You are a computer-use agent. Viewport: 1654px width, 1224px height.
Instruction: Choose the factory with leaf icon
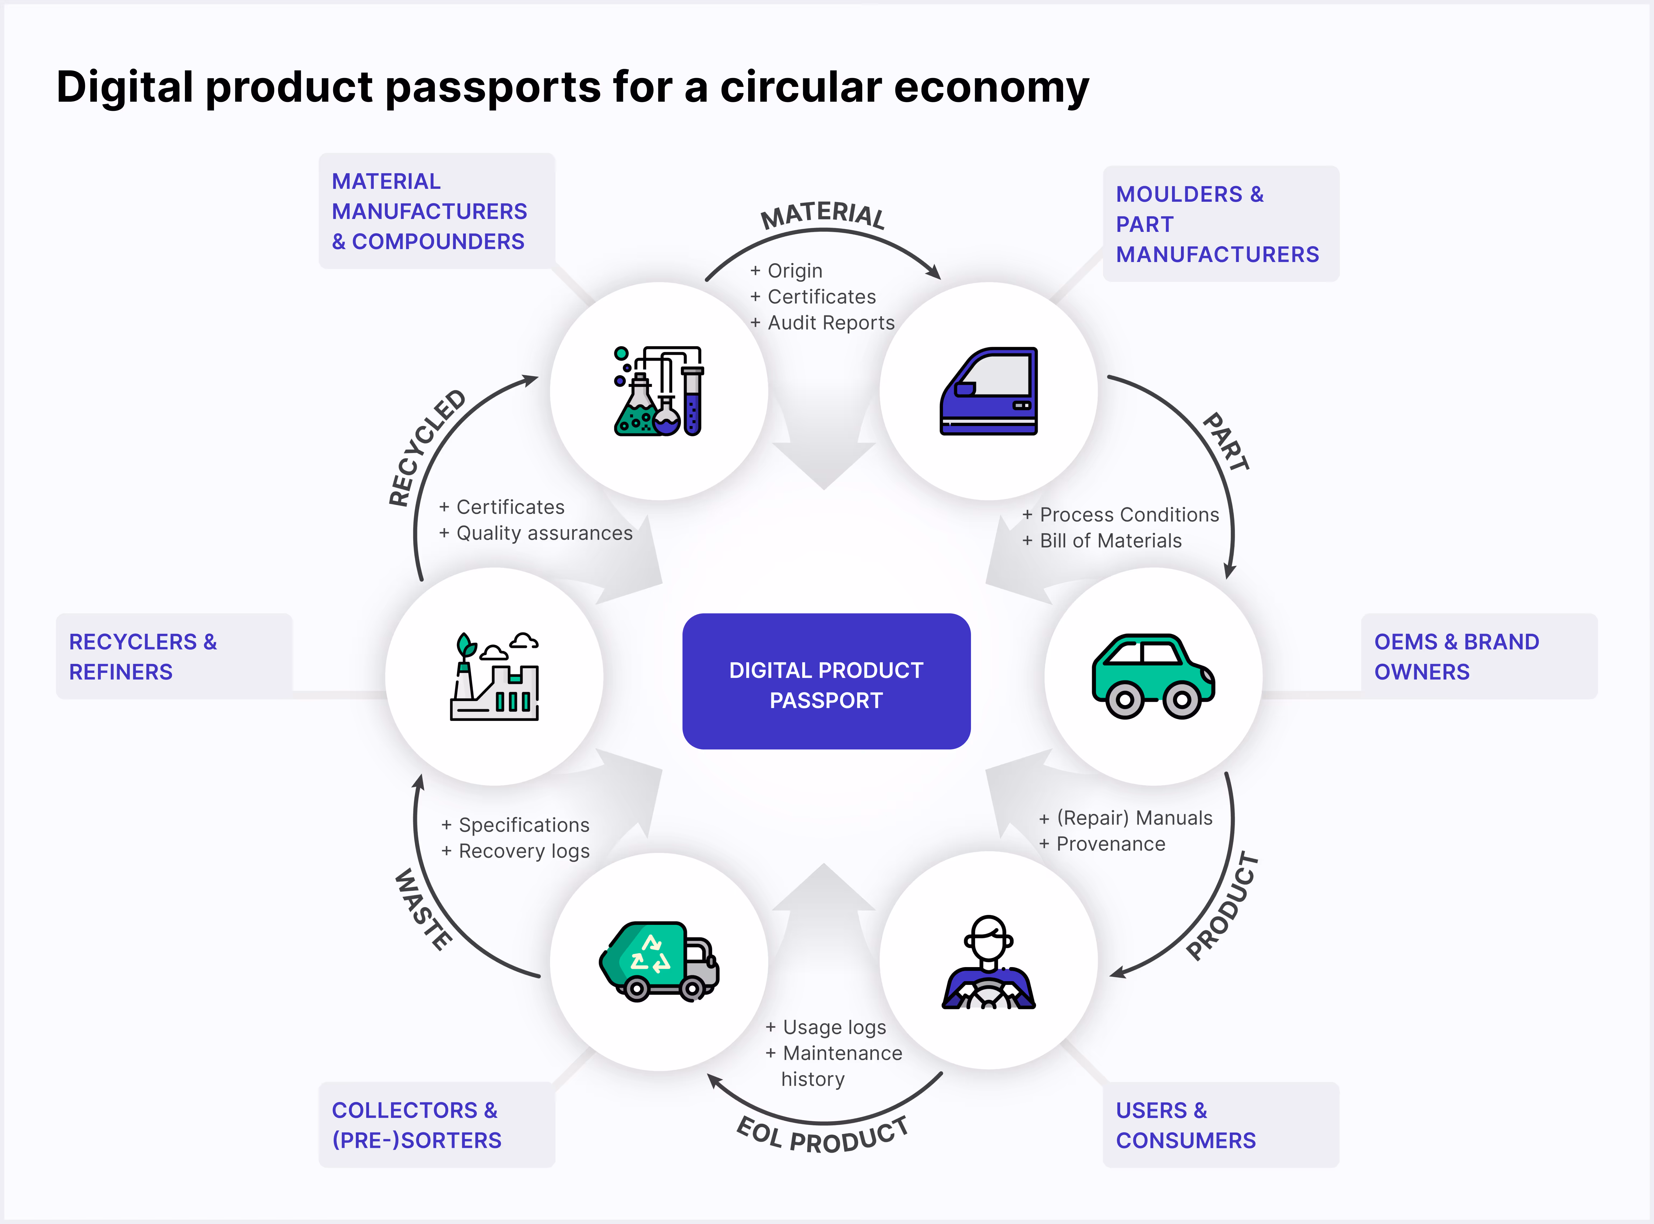point(494,677)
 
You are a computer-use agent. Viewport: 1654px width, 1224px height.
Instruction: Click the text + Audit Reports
point(822,323)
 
